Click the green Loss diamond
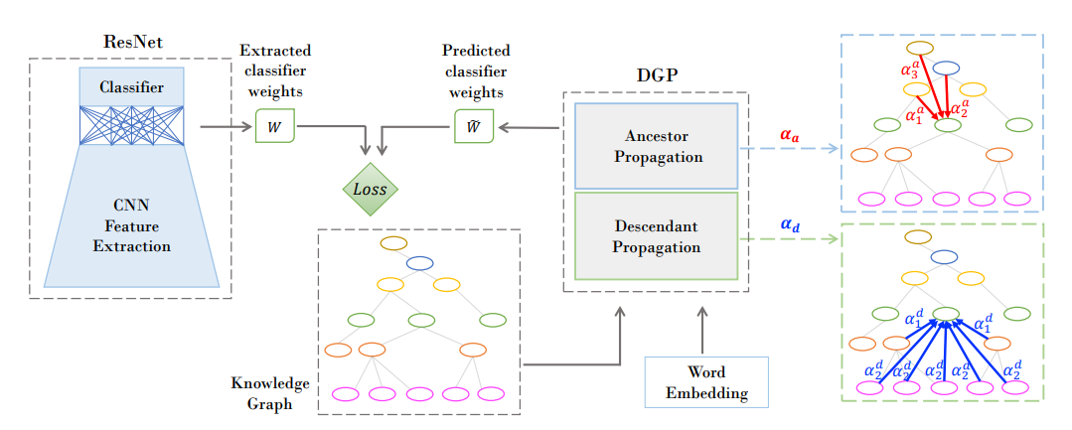pos(370,188)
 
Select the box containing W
pos(275,126)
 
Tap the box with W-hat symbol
pos(474,126)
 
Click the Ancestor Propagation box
pos(656,145)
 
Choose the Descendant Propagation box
pos(656,236)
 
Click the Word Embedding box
pos(706,382)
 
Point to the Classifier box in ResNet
pos(131,87)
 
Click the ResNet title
pos(132,42)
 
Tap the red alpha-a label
pos(790,132)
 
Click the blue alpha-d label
pos(790,224)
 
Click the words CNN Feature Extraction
pos(131,225)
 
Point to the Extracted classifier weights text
pos(275,71)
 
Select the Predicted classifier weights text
pos(476,71)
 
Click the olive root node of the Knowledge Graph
pos(394,242)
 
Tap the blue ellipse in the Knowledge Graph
pos(419,263)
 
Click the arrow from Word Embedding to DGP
pos(702,331)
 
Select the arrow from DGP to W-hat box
pos(532,127)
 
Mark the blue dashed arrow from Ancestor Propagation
pos(789,149)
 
